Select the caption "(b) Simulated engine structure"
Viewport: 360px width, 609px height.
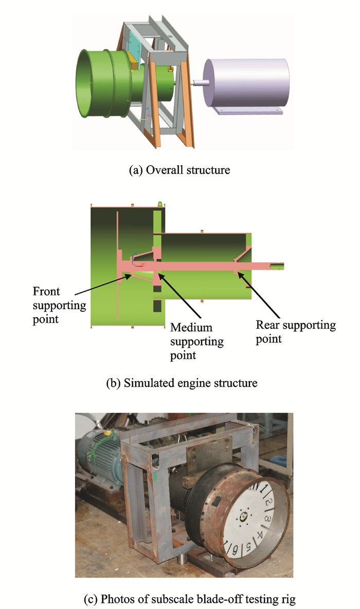(x=179, y=383)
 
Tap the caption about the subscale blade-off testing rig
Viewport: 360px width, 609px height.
(x=179, y=598)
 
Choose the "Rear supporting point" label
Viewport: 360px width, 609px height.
(x=295, y=332)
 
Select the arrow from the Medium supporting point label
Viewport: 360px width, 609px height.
(x=177, y=298)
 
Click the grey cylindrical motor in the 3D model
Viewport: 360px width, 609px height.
(x=246, y=83)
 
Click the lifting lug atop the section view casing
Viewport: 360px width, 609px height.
(x=160, y=204)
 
